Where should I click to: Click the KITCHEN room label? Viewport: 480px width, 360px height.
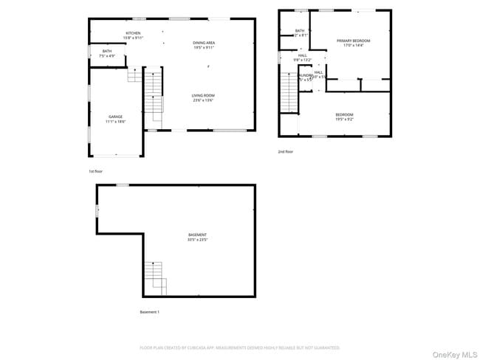(x=133, y=33)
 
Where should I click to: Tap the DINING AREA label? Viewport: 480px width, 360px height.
(x=204, y=43)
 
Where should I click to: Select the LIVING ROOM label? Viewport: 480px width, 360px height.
(x=203, y=95)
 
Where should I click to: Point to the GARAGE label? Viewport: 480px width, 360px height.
(x=115, y=117)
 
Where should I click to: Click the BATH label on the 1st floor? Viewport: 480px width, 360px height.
(x=106, y=50)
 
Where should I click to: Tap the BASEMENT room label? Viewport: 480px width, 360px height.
(x=196, y=235)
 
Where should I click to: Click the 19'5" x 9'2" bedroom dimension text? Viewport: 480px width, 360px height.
(x=345, y=119)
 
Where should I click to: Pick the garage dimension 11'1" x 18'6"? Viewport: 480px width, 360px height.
(x=115, y=122)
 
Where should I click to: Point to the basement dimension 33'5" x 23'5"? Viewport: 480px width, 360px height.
(x=196, y=240)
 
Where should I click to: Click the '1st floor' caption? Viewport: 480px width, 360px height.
(x=95, y=170)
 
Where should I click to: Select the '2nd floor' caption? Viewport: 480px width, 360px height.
(x=285, y=151)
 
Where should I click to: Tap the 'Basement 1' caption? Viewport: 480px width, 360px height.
(x=150, y=312)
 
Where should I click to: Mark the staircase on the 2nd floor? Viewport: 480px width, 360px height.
(x=287, y=91)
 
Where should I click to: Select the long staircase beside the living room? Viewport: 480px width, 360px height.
(x=153, y=94)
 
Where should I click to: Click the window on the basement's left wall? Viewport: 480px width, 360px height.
(x=97, y=212)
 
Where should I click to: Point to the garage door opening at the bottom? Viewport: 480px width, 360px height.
(x=115, y=156)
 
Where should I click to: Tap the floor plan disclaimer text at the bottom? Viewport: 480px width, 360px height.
(x=240, y=347)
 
